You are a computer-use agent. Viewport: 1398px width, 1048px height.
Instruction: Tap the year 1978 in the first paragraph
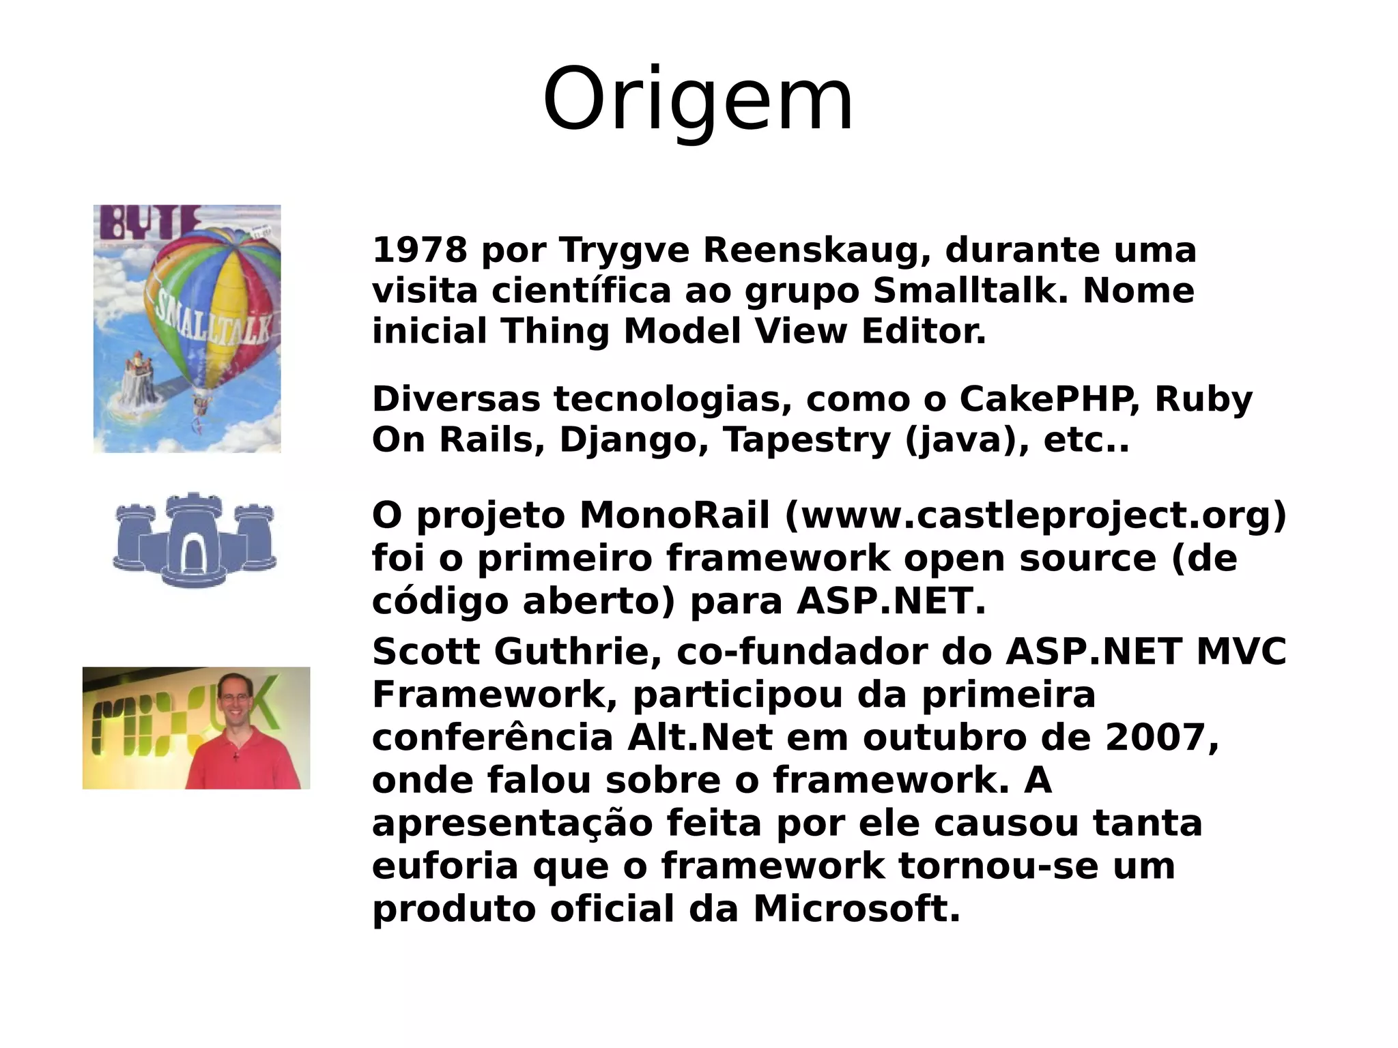[419, 250]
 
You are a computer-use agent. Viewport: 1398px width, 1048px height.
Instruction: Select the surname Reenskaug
[816, 250]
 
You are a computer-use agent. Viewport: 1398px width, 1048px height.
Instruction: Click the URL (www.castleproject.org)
[1035, 515]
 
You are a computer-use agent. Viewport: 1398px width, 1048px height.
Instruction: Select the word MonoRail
[674, 515]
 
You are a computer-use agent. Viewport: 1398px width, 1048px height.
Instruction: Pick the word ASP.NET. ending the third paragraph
[891, 601]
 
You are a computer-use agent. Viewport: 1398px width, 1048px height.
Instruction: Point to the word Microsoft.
[857, 909]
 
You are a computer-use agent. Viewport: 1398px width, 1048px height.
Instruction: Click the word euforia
[445, 866]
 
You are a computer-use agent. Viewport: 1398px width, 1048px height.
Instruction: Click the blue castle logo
[195, 538]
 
